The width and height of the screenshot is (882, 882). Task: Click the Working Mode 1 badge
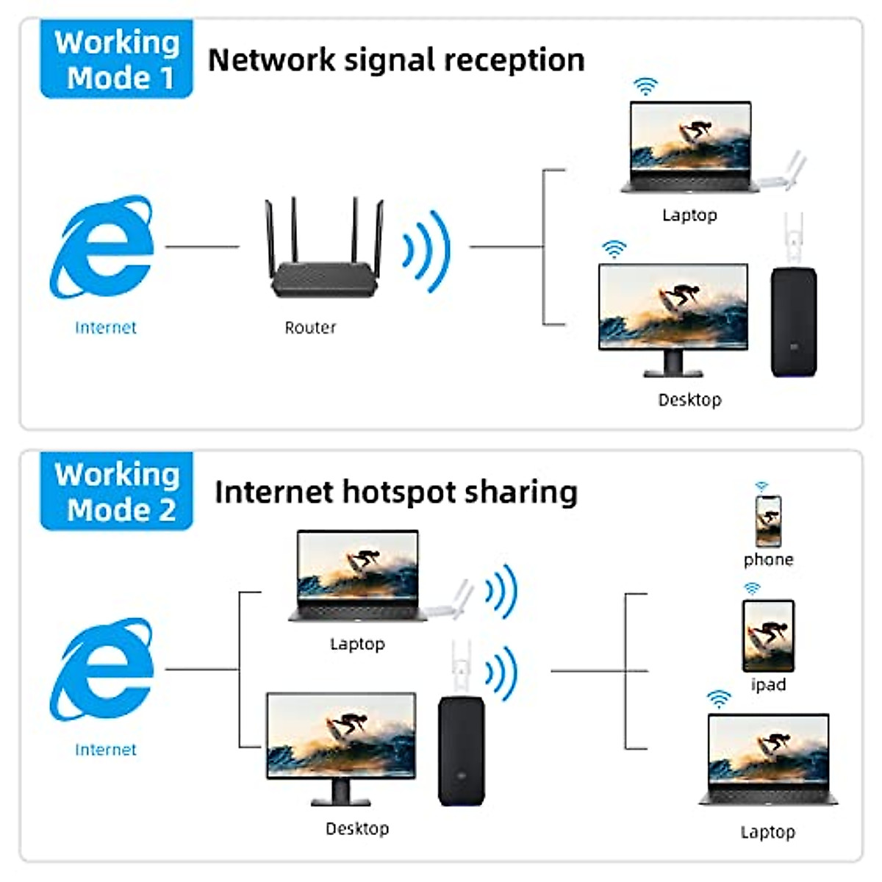coord(116,60)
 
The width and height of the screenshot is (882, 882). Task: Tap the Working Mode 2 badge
coord(116,491)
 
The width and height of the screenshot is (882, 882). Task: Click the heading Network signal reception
coord(396,60)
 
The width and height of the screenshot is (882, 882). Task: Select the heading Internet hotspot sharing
coord(395,492)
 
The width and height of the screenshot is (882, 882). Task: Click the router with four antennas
coord(324,250)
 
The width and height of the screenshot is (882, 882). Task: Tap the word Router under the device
coord(310,328)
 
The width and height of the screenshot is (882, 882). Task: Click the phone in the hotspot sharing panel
coord(768,520)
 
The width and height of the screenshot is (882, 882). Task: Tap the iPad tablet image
coord(768,635)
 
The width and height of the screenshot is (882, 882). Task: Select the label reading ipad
coord(768,685)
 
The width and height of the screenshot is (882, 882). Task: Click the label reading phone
coord(768,560)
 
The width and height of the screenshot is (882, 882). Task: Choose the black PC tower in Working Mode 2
coord(462,750)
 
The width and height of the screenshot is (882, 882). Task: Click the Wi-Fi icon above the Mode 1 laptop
coord(645,87)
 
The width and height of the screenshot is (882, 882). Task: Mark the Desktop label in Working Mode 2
coord(357,829)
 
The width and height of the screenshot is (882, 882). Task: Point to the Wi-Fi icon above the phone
coord(761,487)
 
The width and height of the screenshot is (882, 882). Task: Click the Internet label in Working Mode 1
coord(105,328)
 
